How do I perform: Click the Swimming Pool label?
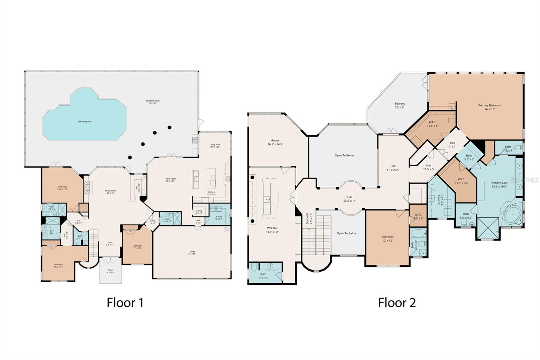pos(84,122)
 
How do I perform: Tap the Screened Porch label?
pos(153,102)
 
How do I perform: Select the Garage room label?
pos(192,253)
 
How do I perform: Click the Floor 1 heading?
pos(125,302)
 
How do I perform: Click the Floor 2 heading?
pos(397,302)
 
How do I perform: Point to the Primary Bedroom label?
pos(489,107)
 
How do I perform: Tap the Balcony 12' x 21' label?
pos(400,105)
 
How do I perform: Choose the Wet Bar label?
pos(272,230)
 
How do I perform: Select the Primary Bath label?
pos(499,184)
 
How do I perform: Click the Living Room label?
pos(110,192)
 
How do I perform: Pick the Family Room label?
pos(170,180)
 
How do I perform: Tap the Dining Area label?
pos(215,146)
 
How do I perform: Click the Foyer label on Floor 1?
pos(110,243)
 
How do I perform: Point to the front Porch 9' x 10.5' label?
pos(110,271)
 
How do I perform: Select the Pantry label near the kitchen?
pos(199,212)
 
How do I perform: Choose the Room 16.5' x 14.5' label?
pos(275,142)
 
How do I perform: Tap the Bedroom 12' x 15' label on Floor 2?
pos(387,238)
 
